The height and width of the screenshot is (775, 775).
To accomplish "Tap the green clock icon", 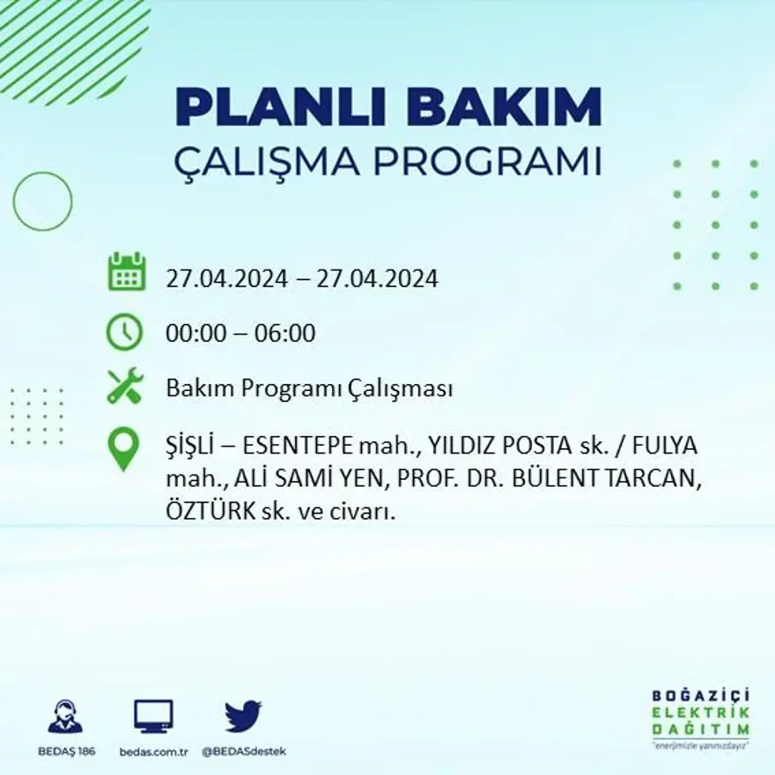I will point(124,332).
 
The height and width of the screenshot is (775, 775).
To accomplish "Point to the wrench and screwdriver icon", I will point(125,386).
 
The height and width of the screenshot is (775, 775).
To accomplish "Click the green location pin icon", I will point(123,447).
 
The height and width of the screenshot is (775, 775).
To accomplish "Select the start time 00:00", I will point(193,334).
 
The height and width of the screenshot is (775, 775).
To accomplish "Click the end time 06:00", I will point(284,334).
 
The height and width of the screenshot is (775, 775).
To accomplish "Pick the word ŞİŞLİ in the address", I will point(190,444).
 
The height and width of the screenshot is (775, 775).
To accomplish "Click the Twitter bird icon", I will point(243,716).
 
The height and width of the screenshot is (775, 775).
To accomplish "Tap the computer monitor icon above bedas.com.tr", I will point(153,716).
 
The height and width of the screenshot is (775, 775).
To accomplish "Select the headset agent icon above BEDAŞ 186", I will point(65,716).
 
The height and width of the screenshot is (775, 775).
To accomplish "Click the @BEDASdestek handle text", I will point(244,751).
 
